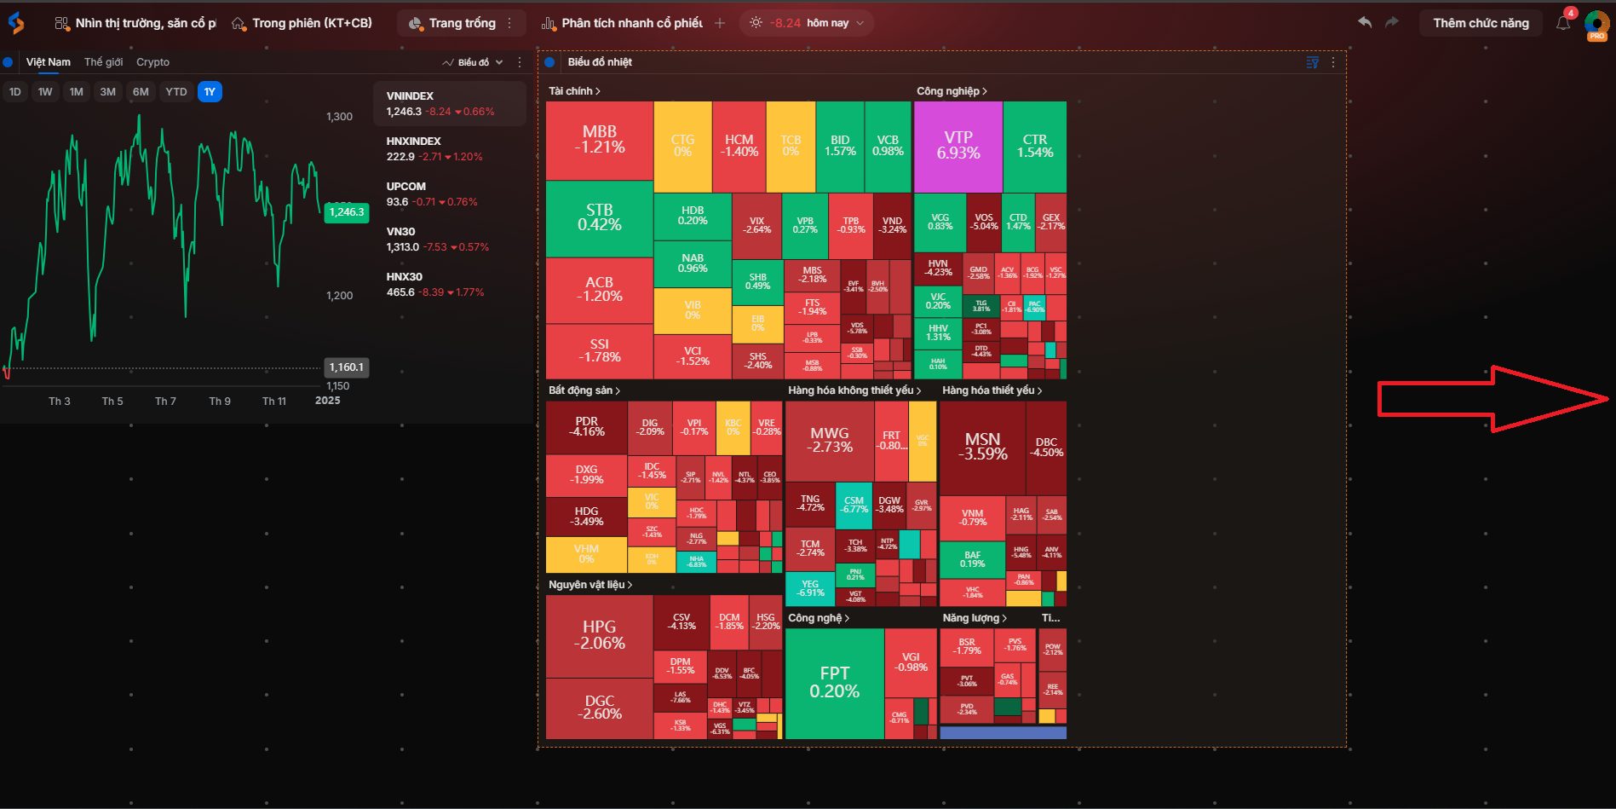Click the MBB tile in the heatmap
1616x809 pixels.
click(599, 140)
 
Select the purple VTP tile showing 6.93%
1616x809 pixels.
click(958, 146)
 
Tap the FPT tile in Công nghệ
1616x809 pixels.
click(834, 682)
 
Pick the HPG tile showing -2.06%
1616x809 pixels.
click(599, 635)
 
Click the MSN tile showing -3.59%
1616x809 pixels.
click(982, 446)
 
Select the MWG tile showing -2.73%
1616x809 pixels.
click(829, 440)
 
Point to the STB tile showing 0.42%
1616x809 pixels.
click(599, 217)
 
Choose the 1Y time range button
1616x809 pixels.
click(210, 92)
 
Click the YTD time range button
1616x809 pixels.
click(175, 92)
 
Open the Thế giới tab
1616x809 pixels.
click(103, 62)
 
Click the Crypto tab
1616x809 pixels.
click(152, 62)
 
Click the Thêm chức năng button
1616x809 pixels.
click(1481, 23)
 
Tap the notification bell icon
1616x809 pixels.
click(1562, 23)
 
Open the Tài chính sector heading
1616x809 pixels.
click(574, 91)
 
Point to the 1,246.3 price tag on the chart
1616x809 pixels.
click(347, 212)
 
